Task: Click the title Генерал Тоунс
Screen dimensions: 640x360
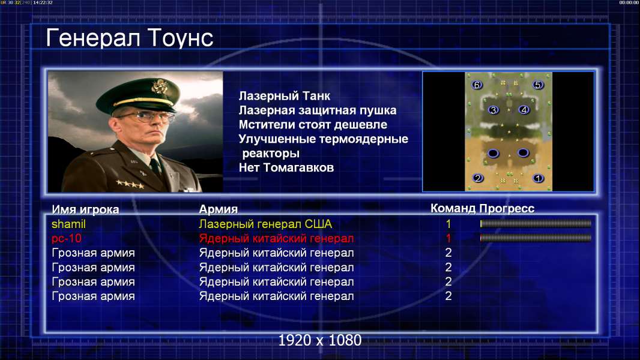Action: pyautogui.click(x=130, y=38)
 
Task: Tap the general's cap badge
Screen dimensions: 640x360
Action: pyautogui.click(x=158, y=87)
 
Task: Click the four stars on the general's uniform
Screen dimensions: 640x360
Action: pyautogui.click(x=130, y=184)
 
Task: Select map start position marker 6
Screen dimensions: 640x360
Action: pyautogui.click(x=477, y=85)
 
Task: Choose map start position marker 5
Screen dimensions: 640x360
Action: pyautogui.click(x=537, y=85)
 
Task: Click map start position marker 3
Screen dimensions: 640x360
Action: pyautogui.click(x=494, y=110)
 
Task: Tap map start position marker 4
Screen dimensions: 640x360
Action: pyautogui.click(x=524, y=110)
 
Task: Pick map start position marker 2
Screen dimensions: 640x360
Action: pyautogui.click(x=477, y=178)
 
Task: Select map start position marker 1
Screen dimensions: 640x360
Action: pyautogui.click(x=538, y=178)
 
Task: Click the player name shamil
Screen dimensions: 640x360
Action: pyautogui.click(x=68, y=224)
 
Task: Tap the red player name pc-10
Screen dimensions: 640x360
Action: pyautogui.click(x=67, y=239)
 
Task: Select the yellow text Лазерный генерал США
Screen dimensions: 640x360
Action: pyautogui.click(x=265, y=224)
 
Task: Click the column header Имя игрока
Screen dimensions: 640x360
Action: pyautogui.click(x=85, y=209)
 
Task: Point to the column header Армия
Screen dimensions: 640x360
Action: pyautogui.click(x=218, y=209)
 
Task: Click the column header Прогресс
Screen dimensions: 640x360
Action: pyautogui.click(x=507, y=208)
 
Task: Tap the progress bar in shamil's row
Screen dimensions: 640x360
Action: pyautogui.click(x=536, y=223)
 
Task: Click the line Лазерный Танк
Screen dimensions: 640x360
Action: pyautogui.click(x=285, y=96)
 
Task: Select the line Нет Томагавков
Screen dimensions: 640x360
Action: pyautogui.click(x=286, y=167)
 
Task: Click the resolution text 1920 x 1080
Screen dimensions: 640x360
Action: pyautogui.click(x=320, y=340)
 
